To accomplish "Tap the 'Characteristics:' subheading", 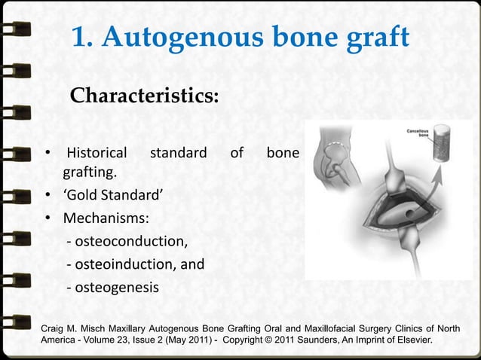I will (144, 96).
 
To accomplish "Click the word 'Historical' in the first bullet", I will (97, 154).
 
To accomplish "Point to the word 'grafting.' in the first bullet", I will (93, 174).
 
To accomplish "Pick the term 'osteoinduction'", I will (124, 264).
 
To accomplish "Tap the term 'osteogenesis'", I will (117, 287).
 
